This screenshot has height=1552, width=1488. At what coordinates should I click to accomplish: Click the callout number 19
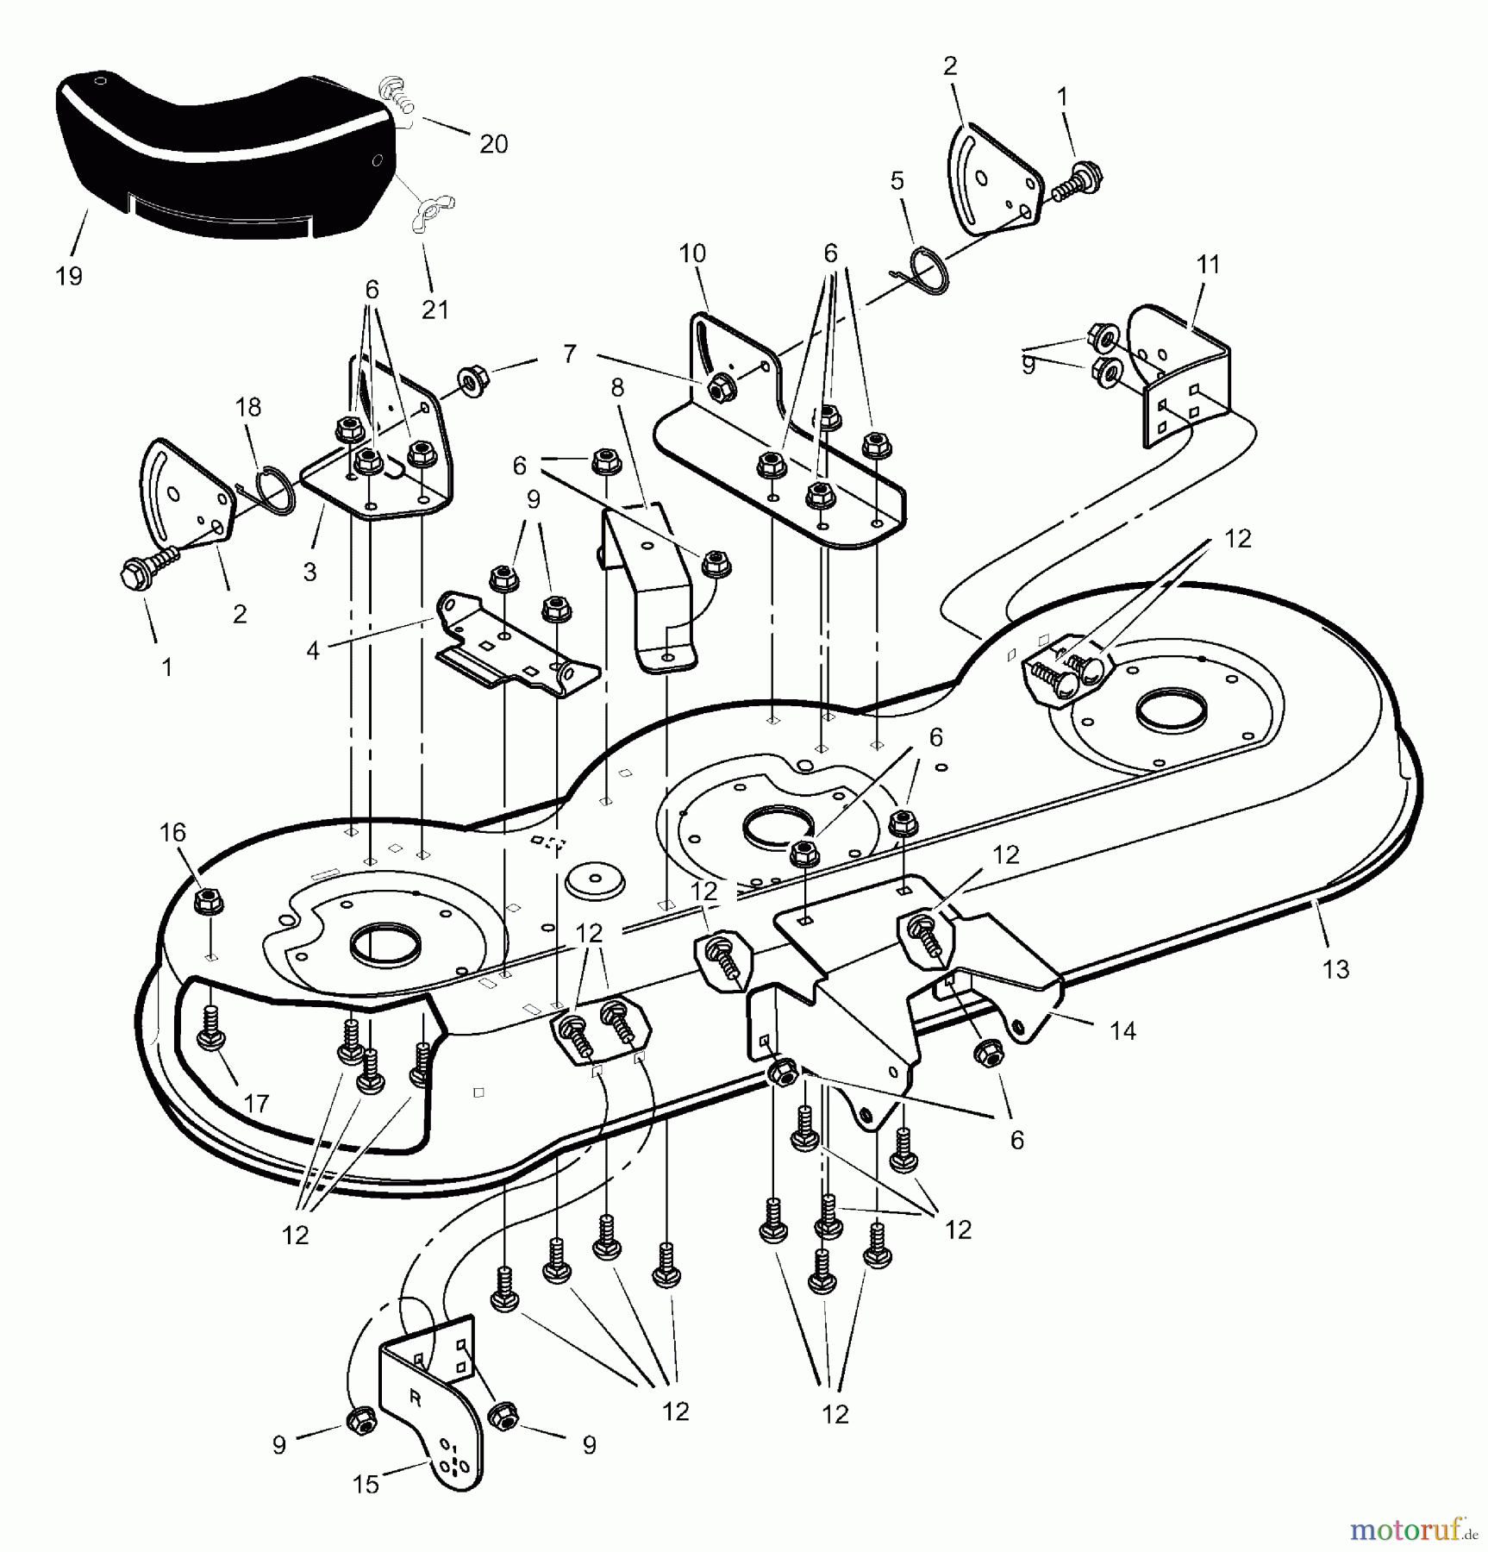69,277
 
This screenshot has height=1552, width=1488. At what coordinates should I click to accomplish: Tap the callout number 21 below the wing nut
435,310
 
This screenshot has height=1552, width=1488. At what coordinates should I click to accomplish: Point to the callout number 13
1335,969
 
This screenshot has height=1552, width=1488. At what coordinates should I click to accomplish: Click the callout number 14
1122,1029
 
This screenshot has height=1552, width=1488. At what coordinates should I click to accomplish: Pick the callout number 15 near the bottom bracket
366,1485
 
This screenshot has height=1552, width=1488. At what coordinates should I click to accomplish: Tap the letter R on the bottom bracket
415,1399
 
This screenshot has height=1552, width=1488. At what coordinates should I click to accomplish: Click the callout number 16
172,832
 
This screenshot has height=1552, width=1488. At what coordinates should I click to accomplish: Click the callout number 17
256,1103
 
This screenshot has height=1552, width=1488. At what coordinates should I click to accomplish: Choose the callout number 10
692,253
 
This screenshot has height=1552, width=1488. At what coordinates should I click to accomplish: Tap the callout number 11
1209,265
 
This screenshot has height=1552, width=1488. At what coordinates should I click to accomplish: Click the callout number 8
616,388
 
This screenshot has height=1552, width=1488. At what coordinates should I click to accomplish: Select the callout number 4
313,650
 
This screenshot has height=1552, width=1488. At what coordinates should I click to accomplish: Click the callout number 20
493,144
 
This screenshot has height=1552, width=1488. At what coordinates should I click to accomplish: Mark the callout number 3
310,572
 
